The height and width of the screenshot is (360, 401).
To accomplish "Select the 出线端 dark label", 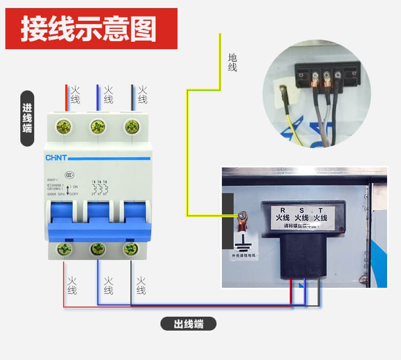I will coord(189,324).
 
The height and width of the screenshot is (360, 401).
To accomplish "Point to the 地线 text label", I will coord(232,63).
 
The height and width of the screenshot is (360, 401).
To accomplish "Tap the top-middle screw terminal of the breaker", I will coord(97,127).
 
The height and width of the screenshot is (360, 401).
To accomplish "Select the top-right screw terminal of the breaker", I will coord(130,127).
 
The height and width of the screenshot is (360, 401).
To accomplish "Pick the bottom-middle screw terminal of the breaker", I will coord(97,248).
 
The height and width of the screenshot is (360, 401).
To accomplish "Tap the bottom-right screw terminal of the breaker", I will coord(130,248).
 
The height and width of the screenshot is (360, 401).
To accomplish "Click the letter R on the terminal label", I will coord(283,209).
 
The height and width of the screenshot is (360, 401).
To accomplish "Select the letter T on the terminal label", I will coord(320,209).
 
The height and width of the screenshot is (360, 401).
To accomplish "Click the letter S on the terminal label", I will coord(302,209).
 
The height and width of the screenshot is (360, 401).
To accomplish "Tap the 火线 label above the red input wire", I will coord(75,95).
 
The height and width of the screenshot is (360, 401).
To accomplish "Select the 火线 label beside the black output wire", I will coord(141,285).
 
